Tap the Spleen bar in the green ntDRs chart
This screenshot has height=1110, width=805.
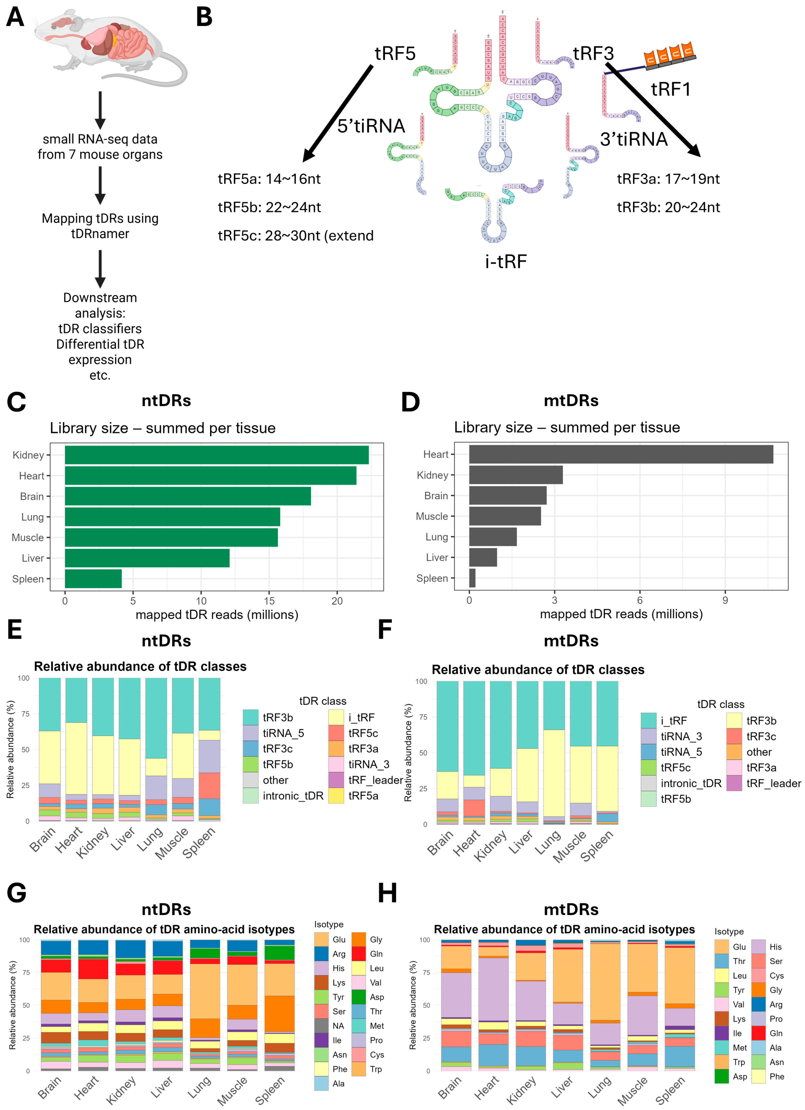[93, 578]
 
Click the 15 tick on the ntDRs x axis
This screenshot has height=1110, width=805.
[269, 601]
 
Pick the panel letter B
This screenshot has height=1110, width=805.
[204, 17]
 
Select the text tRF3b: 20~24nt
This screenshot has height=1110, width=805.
[668, 207]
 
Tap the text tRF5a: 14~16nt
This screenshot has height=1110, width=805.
[269, 179]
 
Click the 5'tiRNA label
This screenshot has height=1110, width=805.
[371, 126]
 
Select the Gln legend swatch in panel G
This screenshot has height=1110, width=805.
[359, 953]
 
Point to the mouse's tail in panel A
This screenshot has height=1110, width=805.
[166, 73]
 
